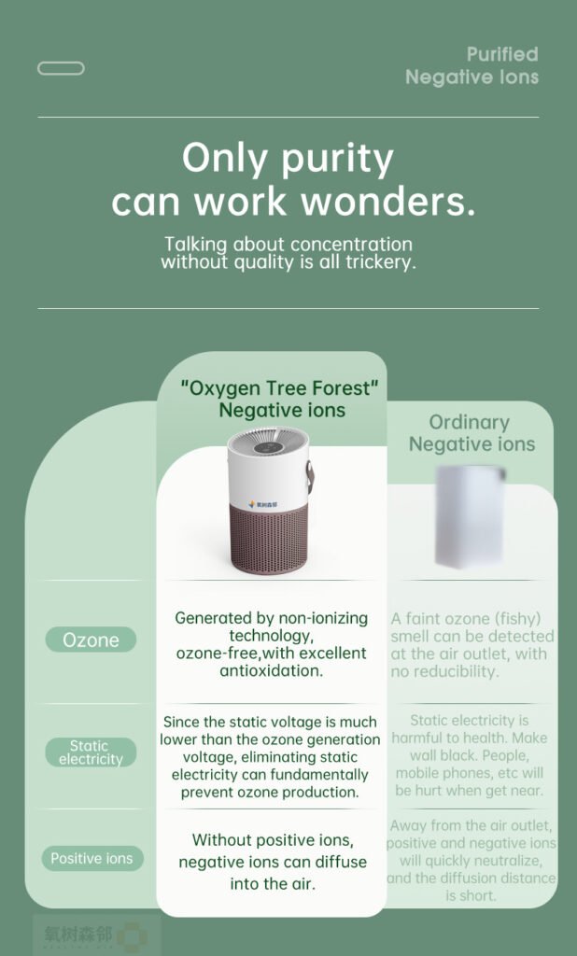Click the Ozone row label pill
[x=91, y=640]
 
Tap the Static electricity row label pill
[x=91, y=752]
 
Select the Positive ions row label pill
[x=92, y=859]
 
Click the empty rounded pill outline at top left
[x=61, y=68]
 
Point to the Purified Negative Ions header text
[x=472, y=66]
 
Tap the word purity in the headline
[x=337, y=160]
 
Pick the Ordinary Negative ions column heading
[x=472, y=433]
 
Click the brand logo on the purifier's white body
[x=263, y=505]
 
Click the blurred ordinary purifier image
[x=471, y=516]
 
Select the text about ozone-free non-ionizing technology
[x=272, y=644]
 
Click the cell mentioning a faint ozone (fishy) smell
[x=472, y=645]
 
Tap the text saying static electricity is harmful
[x=469, y=755]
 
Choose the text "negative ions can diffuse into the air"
[x=273, y=873]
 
